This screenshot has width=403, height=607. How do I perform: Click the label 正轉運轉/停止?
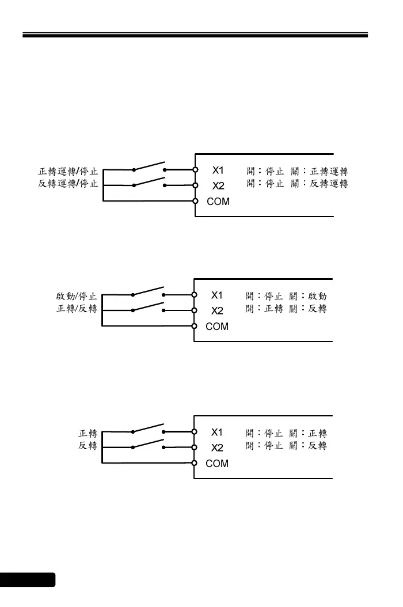tap(68, 172)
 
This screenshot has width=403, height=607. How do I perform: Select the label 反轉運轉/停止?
tap(68, 184)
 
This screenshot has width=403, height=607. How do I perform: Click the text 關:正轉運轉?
tap(319, 172)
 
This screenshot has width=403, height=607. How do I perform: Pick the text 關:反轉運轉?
tap(319, 184)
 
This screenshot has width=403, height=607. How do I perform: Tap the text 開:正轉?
tap(264, 309)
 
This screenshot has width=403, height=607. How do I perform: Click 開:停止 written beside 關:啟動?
tap(264, 297)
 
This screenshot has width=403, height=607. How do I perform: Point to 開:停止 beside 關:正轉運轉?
tap(264, 172)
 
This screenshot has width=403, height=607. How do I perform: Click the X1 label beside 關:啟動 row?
tap(216, 295)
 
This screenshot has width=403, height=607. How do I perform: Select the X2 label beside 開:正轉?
tap(216, 311)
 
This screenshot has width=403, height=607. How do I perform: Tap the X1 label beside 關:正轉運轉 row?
tap(218, 170)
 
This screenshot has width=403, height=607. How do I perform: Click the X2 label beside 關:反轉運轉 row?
tap(218, 186)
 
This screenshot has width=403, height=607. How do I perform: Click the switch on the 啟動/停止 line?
tap(149, 291)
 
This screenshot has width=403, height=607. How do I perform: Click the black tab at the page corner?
tap(28, 579)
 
